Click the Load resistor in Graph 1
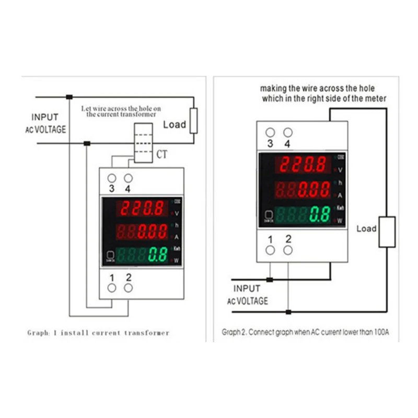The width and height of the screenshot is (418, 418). (x=194, y=121)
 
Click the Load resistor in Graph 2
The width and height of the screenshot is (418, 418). (x=387, y=231)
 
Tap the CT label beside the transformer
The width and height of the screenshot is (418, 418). (x=162, y=154)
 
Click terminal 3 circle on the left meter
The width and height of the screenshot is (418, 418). (x=111, y=178)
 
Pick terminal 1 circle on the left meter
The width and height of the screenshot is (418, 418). (x=111, y=287)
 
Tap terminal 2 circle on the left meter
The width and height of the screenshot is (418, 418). (x=128, y=287)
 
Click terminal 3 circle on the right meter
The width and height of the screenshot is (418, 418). (x=270, y=133)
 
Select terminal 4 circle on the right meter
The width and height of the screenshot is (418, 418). (x=287, y=133)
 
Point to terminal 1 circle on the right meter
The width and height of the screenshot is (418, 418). (x=270, y=250)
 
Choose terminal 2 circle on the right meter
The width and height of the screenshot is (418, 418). (x=287, y=250)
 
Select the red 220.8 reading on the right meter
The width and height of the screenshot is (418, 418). (x=304, y=165)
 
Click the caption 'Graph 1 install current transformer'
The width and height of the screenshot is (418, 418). (x=98, y=333)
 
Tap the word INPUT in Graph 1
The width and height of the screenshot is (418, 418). (x=45, y=118)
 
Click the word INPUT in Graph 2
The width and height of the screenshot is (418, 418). (x=247, y=288)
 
